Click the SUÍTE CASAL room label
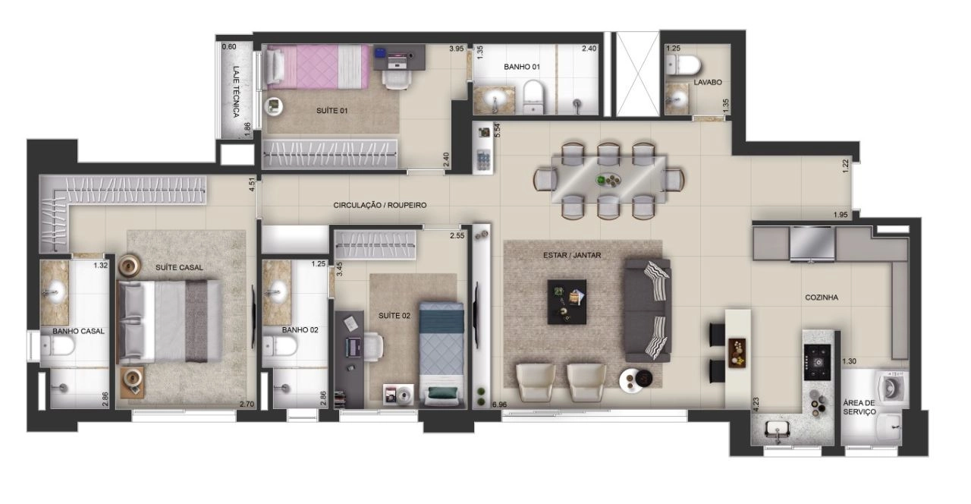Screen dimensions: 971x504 click(179, 268)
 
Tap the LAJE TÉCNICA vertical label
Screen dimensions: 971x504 click(236, 92)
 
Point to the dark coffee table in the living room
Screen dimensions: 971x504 click(567, 301)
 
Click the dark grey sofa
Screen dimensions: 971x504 click(648, 310)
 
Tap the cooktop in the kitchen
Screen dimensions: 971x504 click(817, 362)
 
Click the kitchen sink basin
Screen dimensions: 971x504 click(778, 428)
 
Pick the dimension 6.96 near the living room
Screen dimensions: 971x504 click(499, 405)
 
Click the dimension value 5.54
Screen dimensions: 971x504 click(497, 131)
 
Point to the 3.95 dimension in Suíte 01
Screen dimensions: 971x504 click(457, 49)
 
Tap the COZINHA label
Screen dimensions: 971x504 click(822, 298)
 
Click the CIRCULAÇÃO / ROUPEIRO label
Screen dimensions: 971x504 click(380, 205)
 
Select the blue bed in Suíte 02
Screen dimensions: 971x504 click(442, 354)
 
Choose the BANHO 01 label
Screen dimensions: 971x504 click(522, 67)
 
